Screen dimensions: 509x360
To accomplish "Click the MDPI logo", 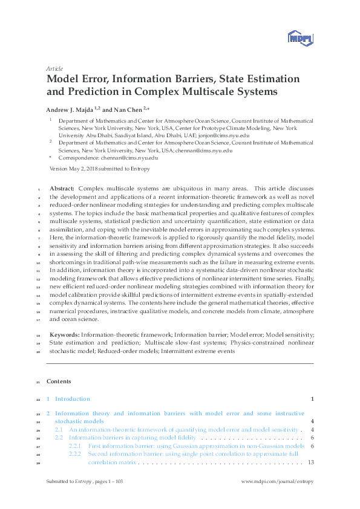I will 301,37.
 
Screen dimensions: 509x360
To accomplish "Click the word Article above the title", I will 54,69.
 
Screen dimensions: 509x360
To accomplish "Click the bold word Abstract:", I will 62,189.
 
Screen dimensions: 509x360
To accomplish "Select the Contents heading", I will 59,381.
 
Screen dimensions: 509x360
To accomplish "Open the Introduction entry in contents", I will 72,399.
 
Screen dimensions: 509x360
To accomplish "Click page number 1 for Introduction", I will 312,399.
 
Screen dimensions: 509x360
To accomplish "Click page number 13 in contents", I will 310,462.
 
